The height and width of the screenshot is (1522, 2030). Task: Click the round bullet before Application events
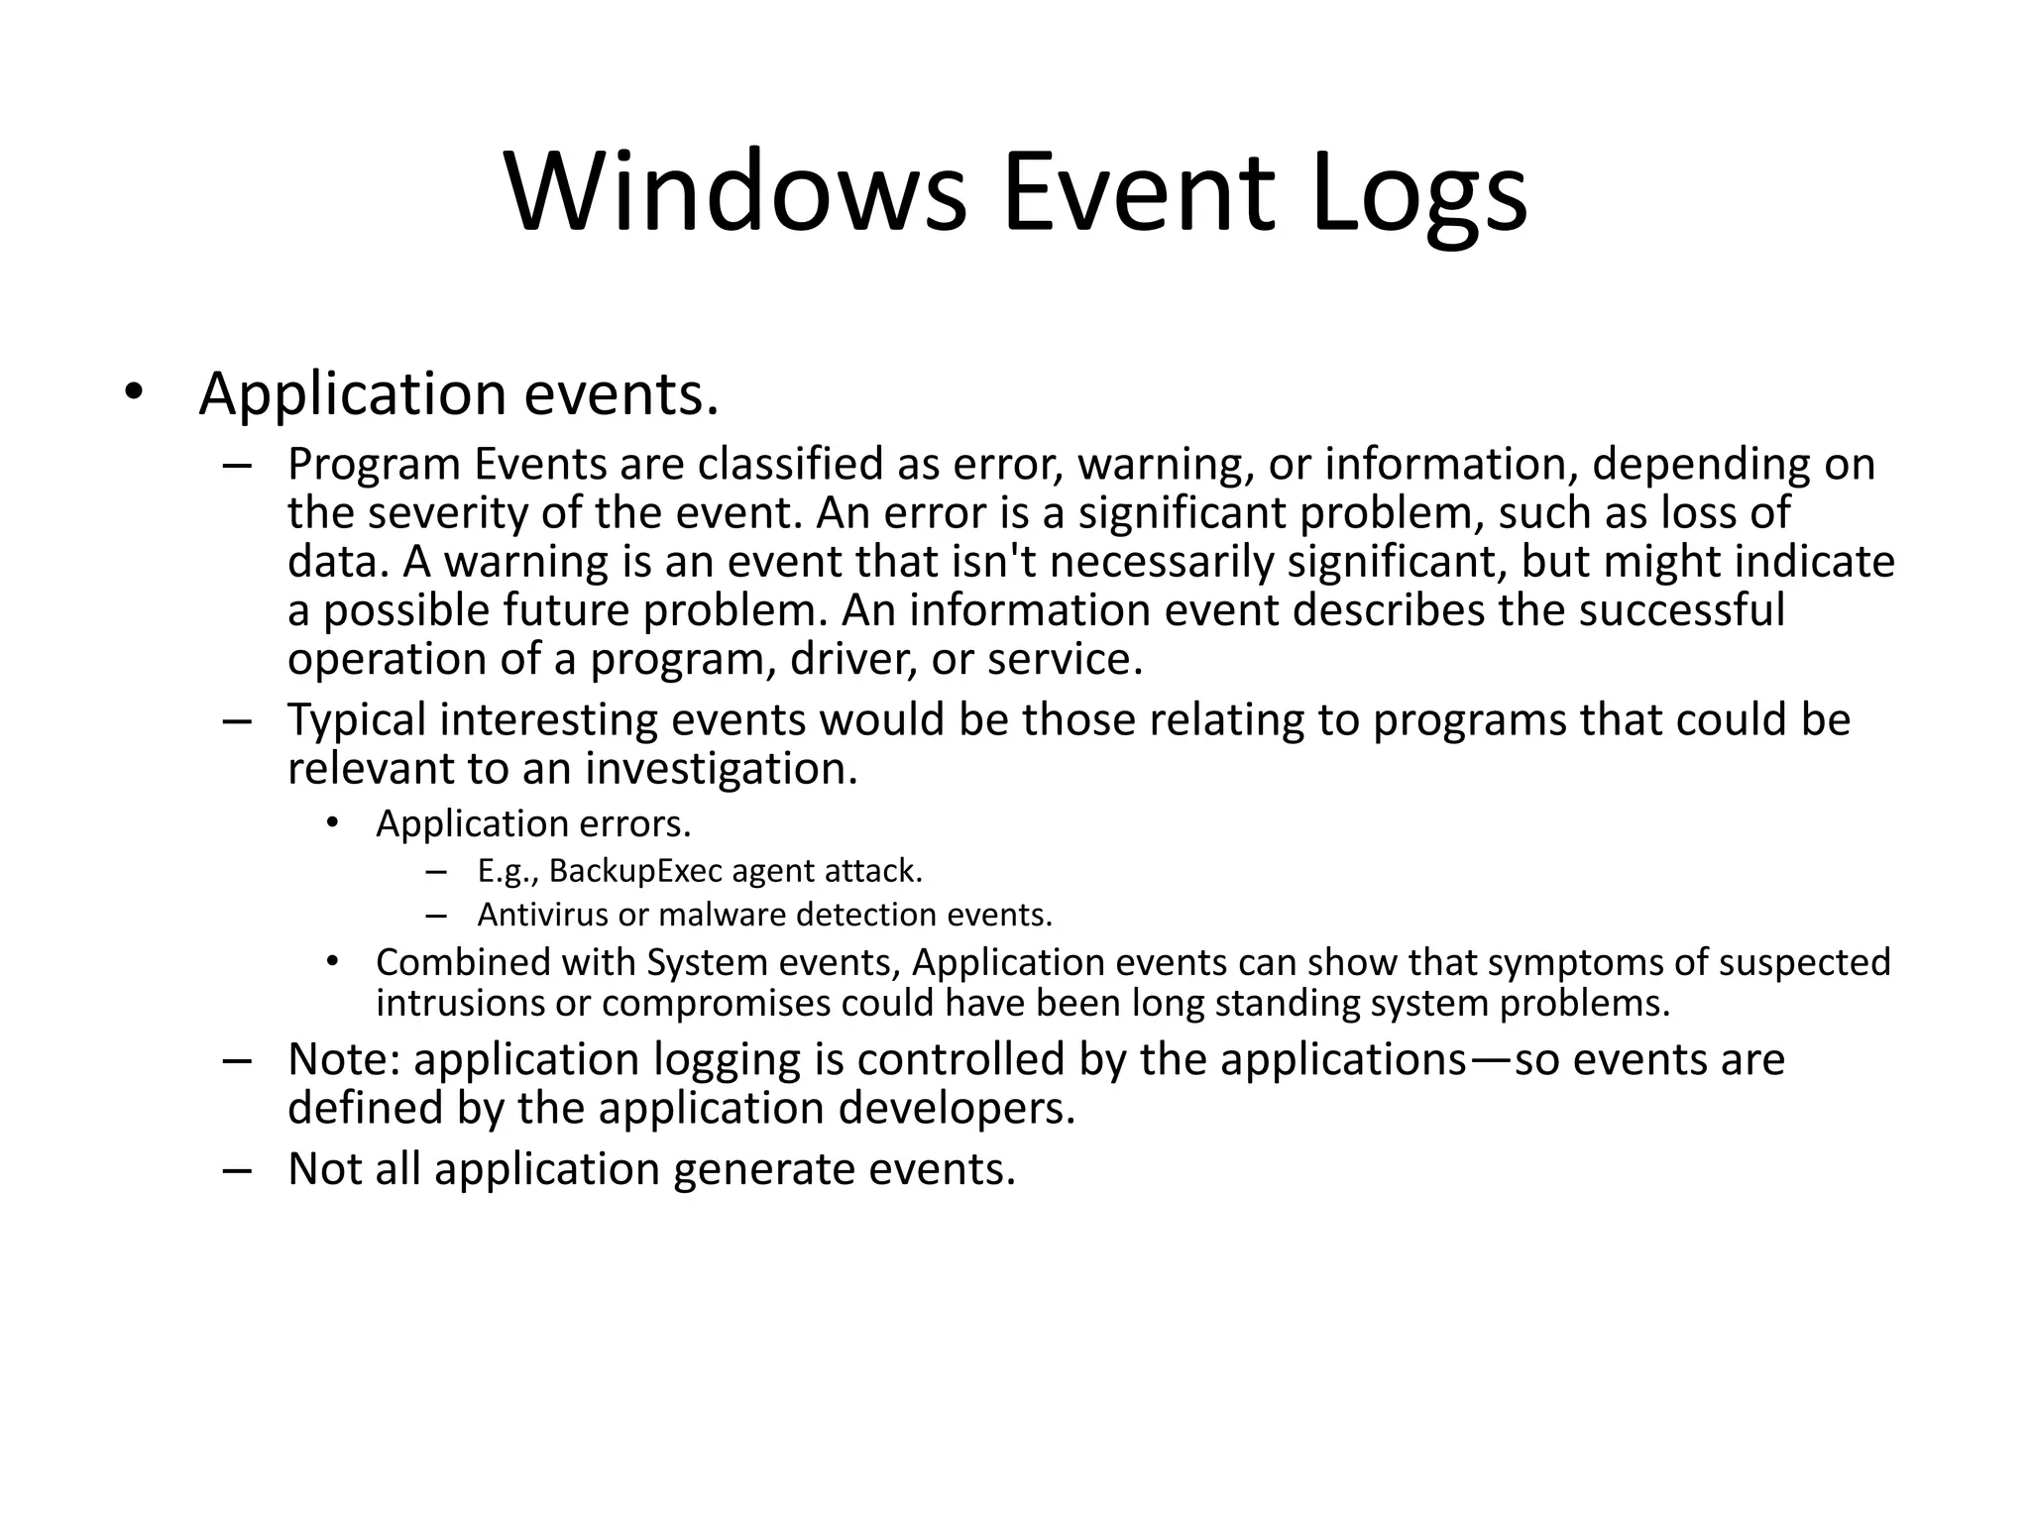tap(134, 393)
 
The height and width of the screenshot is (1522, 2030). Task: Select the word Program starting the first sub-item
tap(374, 465)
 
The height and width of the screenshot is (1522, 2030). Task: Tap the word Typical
tap(357, 719)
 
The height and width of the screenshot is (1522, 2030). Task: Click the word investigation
tap(721, 768)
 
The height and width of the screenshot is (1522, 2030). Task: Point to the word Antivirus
tap(542, 914)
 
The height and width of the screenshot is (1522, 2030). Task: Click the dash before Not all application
tap(238, 1170)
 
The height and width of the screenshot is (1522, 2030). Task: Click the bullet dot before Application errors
tap(332, 822)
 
